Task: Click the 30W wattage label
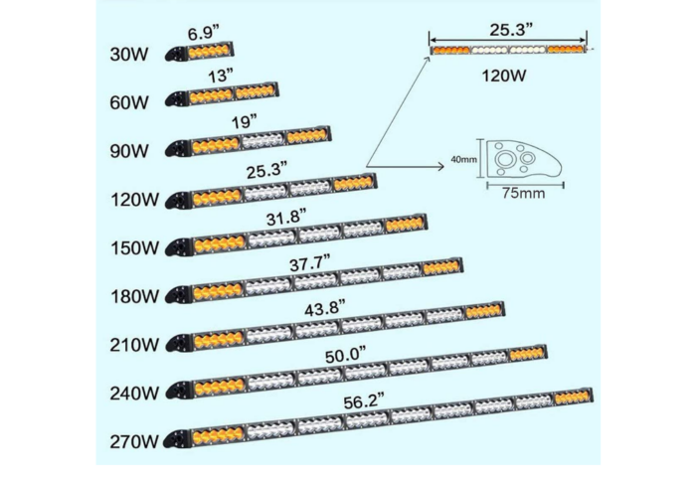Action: click(129, 54)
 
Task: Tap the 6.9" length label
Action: click(203, 33)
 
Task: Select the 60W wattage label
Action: click(129, 102)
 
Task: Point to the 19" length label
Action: click(245, 121)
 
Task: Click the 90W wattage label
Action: click(129, 151)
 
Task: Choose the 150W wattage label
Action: click(134, 247)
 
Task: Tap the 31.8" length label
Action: click(286, 219)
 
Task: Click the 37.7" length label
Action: click(310, 264)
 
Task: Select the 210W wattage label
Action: click(134, 345)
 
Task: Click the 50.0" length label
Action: click(345, 356)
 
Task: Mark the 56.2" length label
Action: click(364, 401)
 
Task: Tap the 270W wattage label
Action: click(134, 441)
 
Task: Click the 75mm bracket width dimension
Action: click(524, 194)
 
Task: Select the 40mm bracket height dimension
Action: click(464, 159)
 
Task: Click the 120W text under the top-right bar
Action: click(504, 76)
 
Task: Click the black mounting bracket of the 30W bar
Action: click(177, 54)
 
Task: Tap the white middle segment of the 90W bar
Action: click(262, 141)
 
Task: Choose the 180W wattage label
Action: click(134, 296)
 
